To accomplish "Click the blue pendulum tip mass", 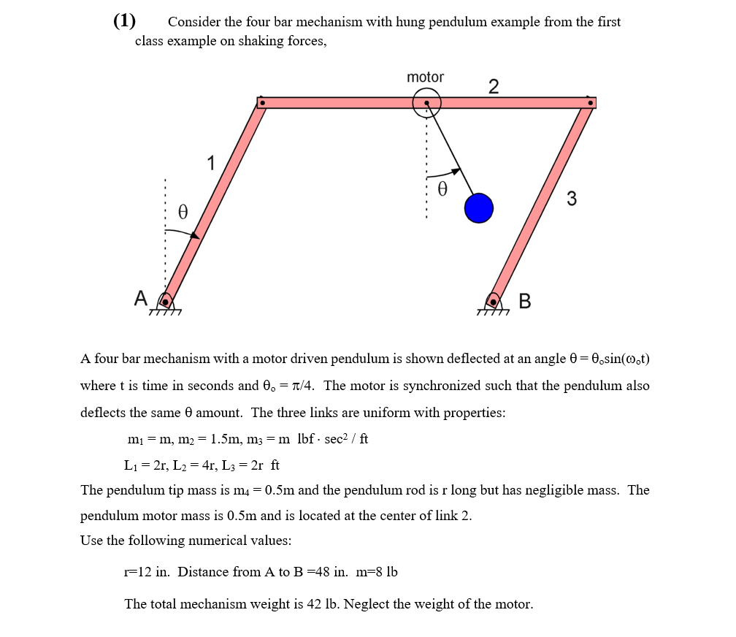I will click(x=479, y=208).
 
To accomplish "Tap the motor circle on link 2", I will click(x=426, y=103).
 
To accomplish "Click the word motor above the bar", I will click(x=425, y=77).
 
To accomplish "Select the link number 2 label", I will click(x=494, y=87).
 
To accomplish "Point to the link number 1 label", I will click(x=211, y=163).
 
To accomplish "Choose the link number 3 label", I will click(x=571, y=199).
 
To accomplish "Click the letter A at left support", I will click(x=141, y=297).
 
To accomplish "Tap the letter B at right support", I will click(x=524, y=301).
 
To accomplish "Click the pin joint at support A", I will click(x=166, y=301).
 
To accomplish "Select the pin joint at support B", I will click(x=494, y=301).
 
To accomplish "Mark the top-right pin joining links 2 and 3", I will click(x=590, y=103).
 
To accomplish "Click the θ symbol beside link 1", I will click(x=183, y=213).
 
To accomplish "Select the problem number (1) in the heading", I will click(x=125, y=20).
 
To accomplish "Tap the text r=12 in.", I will click(x=147, y=571).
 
